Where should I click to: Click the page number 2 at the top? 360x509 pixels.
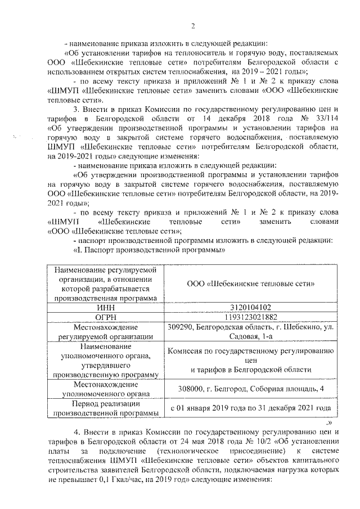tap(192, 26)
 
